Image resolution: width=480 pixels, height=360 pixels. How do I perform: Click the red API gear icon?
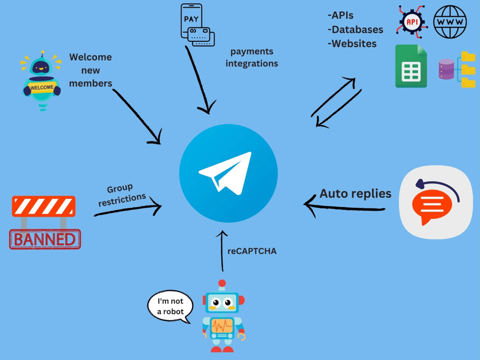click(411, 22)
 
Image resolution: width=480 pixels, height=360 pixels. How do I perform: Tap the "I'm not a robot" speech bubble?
click(170, 306)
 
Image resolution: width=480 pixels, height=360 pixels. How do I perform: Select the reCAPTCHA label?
click(252, 251)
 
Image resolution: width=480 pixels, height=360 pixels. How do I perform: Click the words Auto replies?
click(355, 194)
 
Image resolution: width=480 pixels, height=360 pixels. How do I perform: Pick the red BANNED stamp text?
click(45, 239)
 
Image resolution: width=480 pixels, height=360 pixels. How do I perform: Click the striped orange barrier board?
click(44, 206)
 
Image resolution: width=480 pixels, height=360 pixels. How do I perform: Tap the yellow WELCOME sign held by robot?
click(41, 88)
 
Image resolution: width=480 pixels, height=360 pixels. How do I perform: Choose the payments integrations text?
click(252, 57)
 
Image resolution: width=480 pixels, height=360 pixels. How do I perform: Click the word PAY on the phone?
click(191, 19)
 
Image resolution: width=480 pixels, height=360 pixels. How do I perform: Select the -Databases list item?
click(355, 30)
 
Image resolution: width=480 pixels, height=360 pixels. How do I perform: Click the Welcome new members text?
click(91, 70)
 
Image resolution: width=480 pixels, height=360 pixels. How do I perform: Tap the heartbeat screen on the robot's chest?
click(221, 326)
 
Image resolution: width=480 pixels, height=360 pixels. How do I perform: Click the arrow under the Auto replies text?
click(345, 207)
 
